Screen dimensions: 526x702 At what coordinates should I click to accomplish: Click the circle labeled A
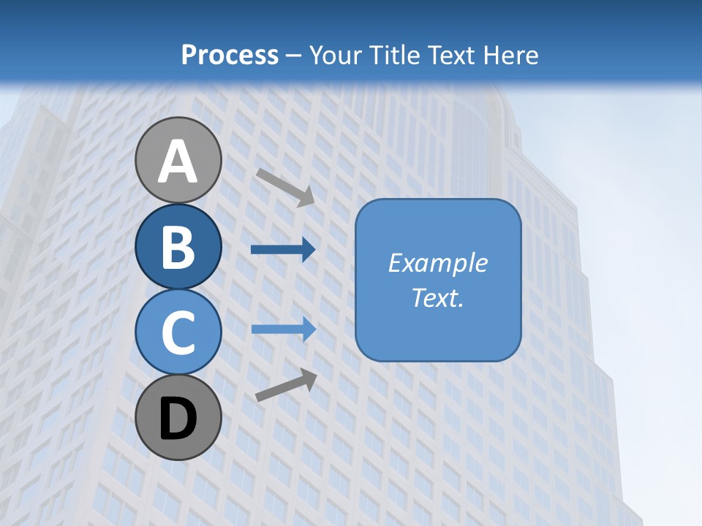pyautogui.click(x=178, y=161)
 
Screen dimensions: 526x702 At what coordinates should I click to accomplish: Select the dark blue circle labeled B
pyautogui.click(x=178, y=247)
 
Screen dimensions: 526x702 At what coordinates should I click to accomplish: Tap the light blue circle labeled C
pyautogui.click(x=178, y=332)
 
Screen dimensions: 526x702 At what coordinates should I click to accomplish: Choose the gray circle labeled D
pyautogui.click(x=178, y=418)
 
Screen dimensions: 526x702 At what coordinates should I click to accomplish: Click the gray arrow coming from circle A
pyautogui.click(x=284, y=187)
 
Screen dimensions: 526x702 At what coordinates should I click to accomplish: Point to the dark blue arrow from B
pyautogui.click(x=282, y=250)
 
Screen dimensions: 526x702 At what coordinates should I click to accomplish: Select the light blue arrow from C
pyautogui.click(x=282, y=329)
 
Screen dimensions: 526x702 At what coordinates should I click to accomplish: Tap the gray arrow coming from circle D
pyautogui.click(x=286, y=385)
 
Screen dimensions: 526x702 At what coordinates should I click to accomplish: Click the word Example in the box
pyautogui.click(x=438, y=263)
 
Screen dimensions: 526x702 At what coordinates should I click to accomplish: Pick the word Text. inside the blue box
pyautogui.click(x=438, y=298)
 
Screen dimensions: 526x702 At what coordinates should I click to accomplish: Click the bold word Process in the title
pyautogui.click(x=230, y=55)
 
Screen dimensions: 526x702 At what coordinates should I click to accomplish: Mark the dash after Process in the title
pyautogui.click(x=294, y=56)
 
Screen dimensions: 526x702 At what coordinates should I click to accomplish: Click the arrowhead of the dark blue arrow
pyautogui.click(x=308, y=250)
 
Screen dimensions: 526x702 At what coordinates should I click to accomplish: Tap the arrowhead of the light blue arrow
pyautogui.click(x=308, y=329)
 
